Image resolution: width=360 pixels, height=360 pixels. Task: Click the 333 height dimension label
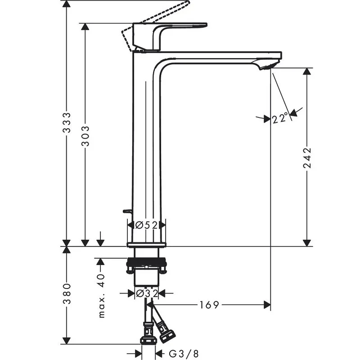[67, 122]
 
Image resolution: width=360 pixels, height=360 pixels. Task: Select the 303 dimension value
[85, 135]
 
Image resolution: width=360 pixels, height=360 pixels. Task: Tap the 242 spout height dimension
[307, 157]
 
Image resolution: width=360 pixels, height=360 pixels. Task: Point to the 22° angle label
[280, 118]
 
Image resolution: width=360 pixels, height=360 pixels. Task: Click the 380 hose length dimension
[67, 294]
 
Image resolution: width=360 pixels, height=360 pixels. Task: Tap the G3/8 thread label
[184, 354]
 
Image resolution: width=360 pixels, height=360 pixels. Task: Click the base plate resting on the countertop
[146, 244]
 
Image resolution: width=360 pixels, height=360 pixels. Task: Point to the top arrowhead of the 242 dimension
[307, 72]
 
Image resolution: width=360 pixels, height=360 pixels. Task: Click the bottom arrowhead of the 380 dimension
[67, 341]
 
